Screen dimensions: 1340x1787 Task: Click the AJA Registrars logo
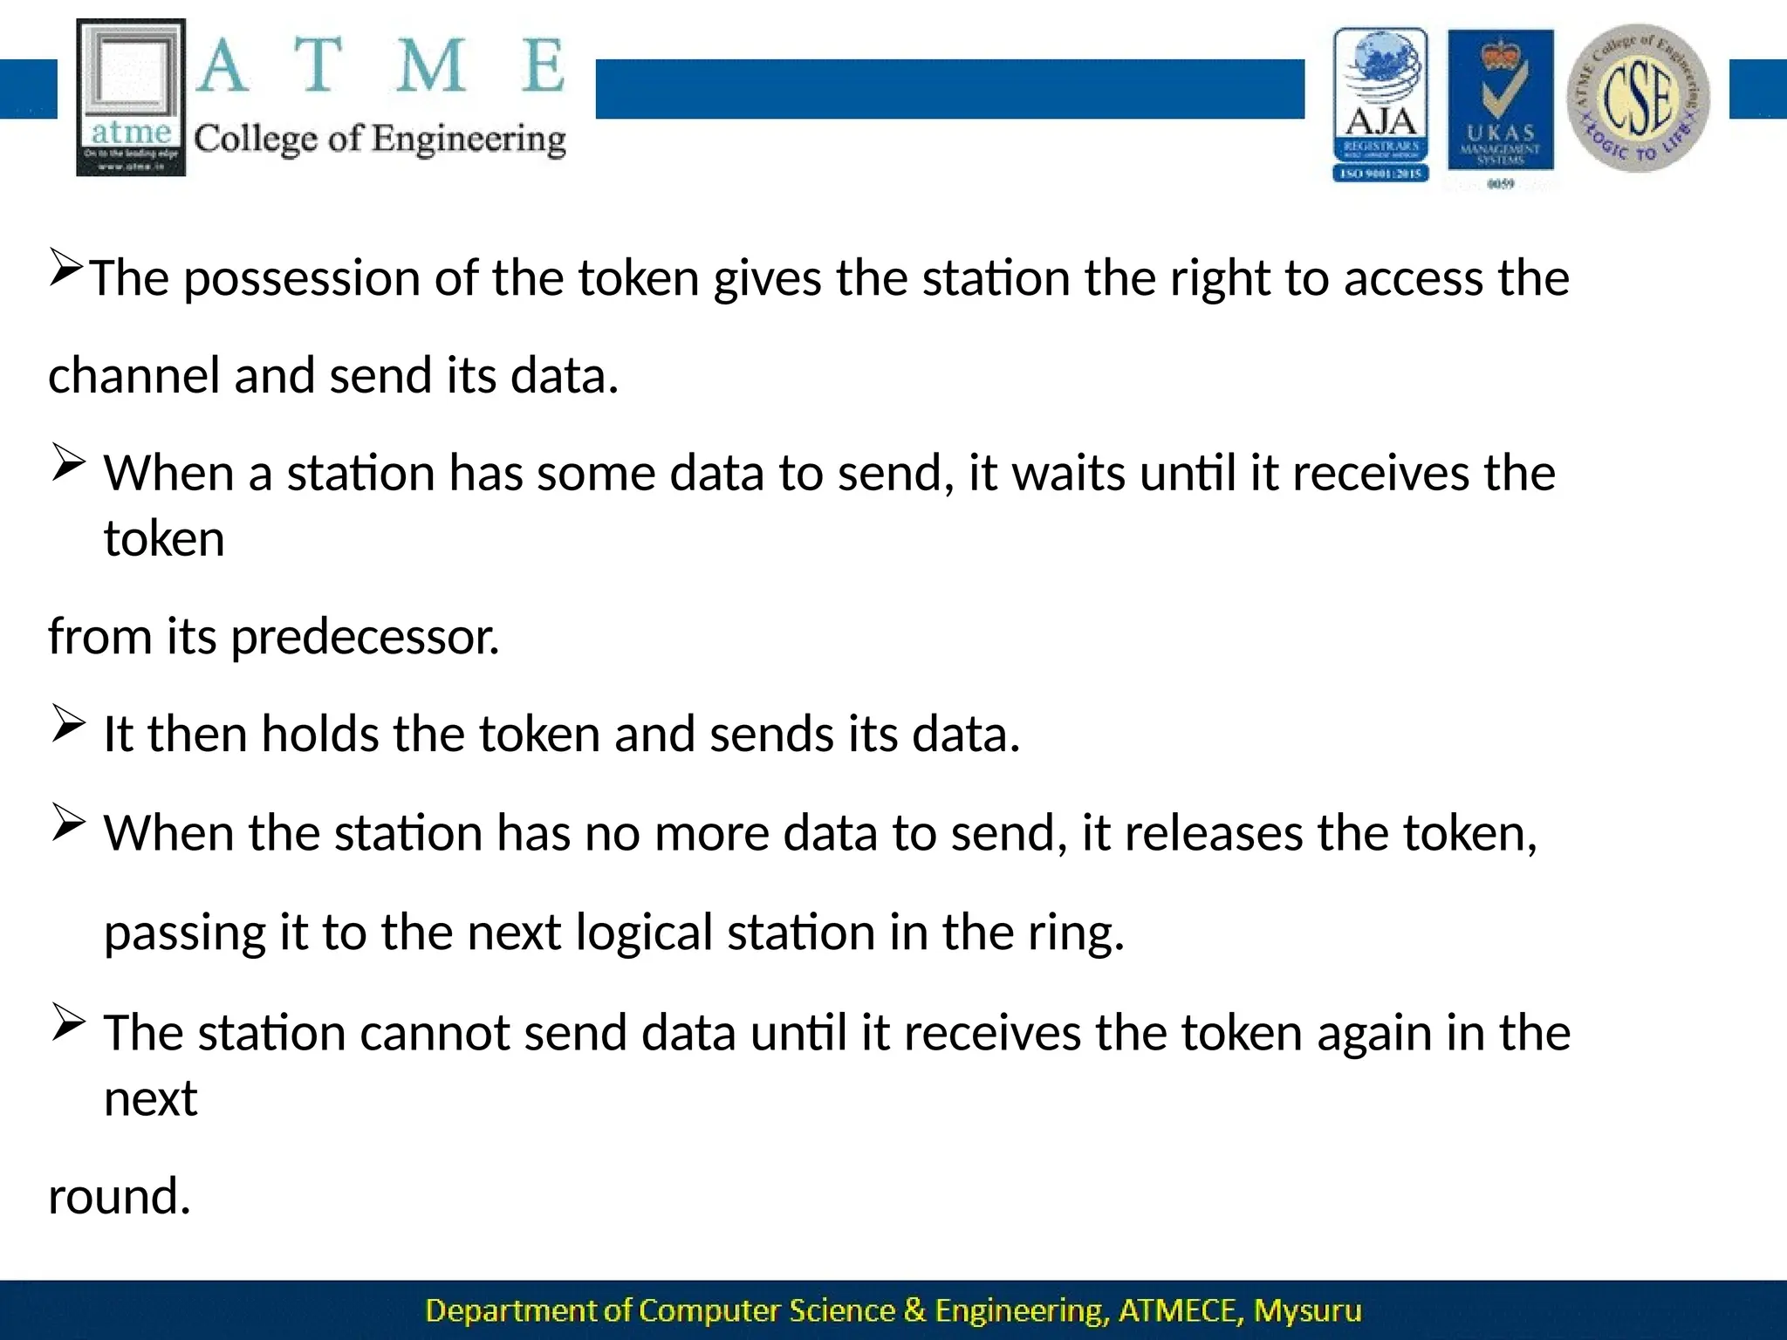1380,105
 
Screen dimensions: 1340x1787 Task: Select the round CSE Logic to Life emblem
1638,98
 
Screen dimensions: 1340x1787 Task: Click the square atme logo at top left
131,97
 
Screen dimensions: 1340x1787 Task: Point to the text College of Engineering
380,140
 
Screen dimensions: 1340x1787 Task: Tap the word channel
134,376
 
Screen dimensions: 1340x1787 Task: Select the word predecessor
365,637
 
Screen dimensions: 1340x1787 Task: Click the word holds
319,734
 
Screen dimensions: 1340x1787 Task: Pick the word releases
1213,833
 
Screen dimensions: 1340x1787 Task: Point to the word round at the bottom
119,1196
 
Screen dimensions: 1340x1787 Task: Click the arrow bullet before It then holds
68,723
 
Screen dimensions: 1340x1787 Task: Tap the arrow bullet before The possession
66,267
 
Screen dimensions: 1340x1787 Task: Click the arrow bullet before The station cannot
68,1022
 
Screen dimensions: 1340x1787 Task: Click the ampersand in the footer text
914,1310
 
